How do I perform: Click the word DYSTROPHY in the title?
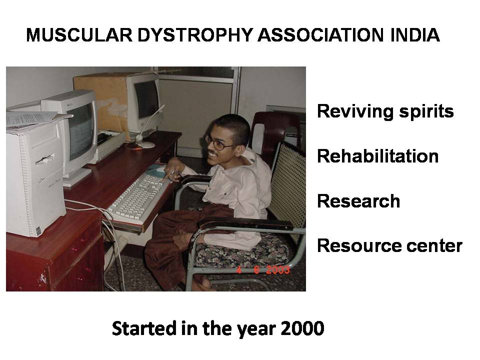[195, 35]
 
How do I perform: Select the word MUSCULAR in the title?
[79, 35]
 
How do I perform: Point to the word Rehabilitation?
[378, 156]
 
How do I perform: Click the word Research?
[358, 201]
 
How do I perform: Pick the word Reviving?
[355, 111]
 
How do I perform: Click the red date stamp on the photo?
[263, 270]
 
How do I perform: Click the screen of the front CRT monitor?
[81, 131]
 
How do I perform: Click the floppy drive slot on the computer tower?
[45, 159]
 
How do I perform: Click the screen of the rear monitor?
[147, 99]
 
